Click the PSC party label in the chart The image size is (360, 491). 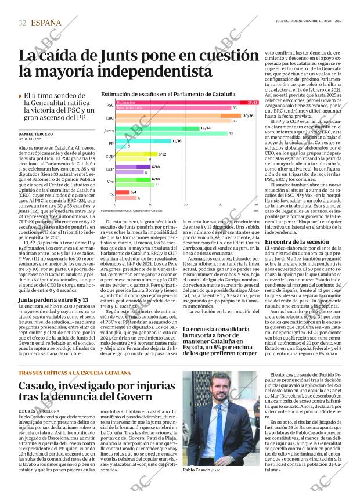pyautogui.click(x=110, y=105)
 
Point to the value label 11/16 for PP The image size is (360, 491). pyautogui.click(x=177, y=141)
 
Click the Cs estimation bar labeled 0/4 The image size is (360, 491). pyautogui.click(x=122, y=192)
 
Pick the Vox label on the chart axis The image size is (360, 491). pyautogui.click(x=110, y=182)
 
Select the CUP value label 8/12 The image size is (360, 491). pyautogui.click(x=162, y=154)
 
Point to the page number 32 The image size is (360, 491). pyautogui.click(x=22, y=23)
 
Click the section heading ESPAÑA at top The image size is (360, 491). pyautogui.click(x=46, y=23)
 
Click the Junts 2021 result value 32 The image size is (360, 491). pyautogui.click(x=231, y=133)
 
